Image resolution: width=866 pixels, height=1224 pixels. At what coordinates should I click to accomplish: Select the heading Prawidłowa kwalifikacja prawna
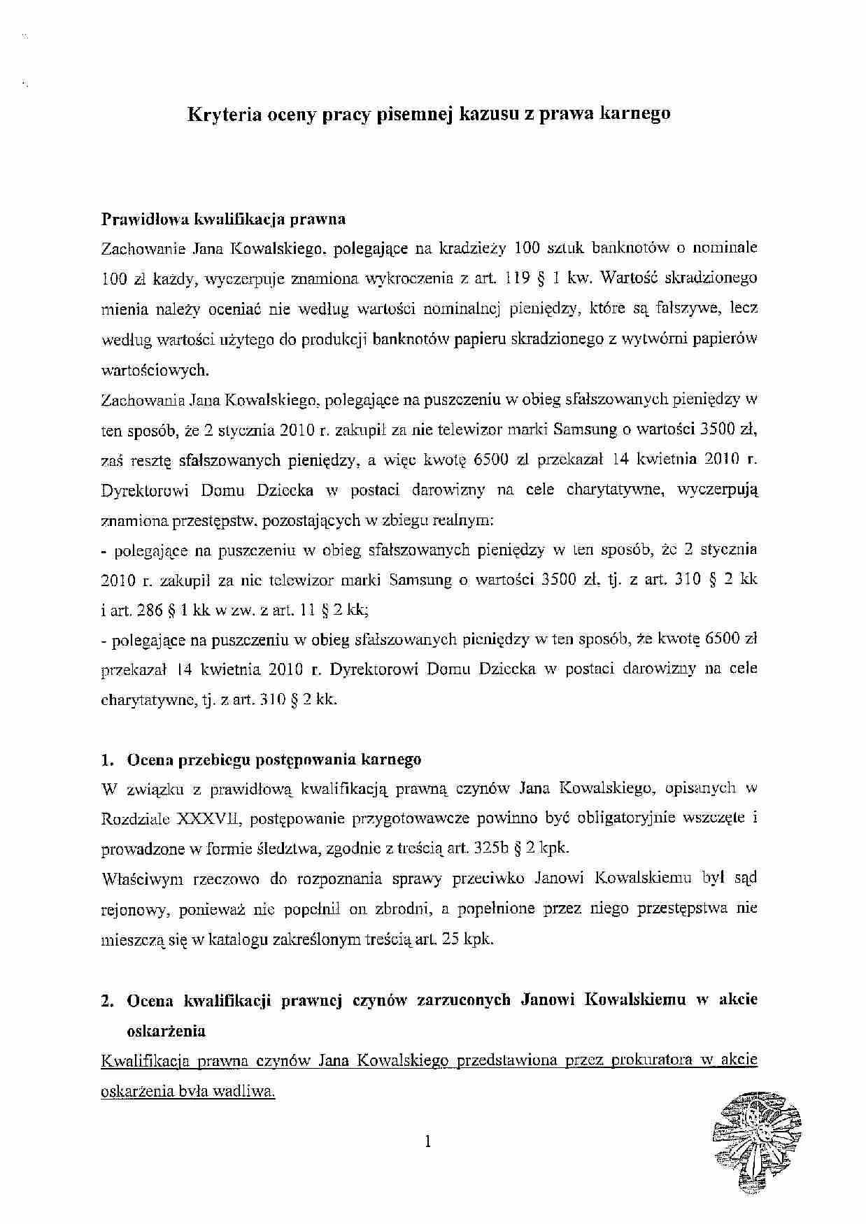tap(223, 219)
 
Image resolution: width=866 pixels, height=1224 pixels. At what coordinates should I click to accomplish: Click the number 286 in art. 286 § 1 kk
tap(147, 610)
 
